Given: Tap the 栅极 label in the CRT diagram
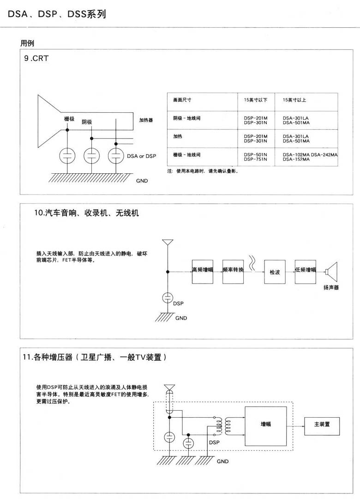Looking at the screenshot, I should tap(69, 119).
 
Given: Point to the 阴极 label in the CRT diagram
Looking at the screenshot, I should tap(87, 122).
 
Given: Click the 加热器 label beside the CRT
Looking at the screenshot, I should tap(146, 120).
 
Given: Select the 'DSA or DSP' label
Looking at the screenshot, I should tap(141, 157).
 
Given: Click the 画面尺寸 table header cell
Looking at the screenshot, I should tap(182, 100).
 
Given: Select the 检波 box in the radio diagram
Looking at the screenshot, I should tap(275, 272).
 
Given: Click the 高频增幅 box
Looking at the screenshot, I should tap(203, 272).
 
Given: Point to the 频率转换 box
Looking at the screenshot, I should tap(233, 272).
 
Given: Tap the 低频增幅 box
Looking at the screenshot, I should tap(305, 272).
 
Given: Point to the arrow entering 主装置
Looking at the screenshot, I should tap(298, 424).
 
